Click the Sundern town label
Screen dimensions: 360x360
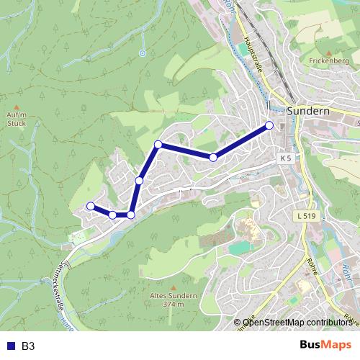pyautogui.click(x=307, y=112)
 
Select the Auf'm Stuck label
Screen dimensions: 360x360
pyautogui.click(x=16, y=117)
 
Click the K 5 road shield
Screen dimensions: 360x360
pyautogui.click(x=286, y=158)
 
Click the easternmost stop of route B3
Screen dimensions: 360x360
pyautogui.click(x=269, y=125)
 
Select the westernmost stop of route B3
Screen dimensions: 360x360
pyautogui.click(x=91, y=206)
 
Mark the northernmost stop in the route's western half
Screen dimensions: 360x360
pyautogui.click(x=158, y=145)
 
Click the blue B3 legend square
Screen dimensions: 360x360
pyautogui.click(x=9, y=346)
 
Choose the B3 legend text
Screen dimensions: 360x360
pyautogui.click(x=28, y=346)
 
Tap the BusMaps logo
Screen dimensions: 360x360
pyautogui.click(x=325, y=346)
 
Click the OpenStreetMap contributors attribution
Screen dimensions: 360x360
pyautogui.click(x=297, y=323)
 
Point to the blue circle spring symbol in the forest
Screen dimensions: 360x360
pyautogui.click(x=143, y=52)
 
